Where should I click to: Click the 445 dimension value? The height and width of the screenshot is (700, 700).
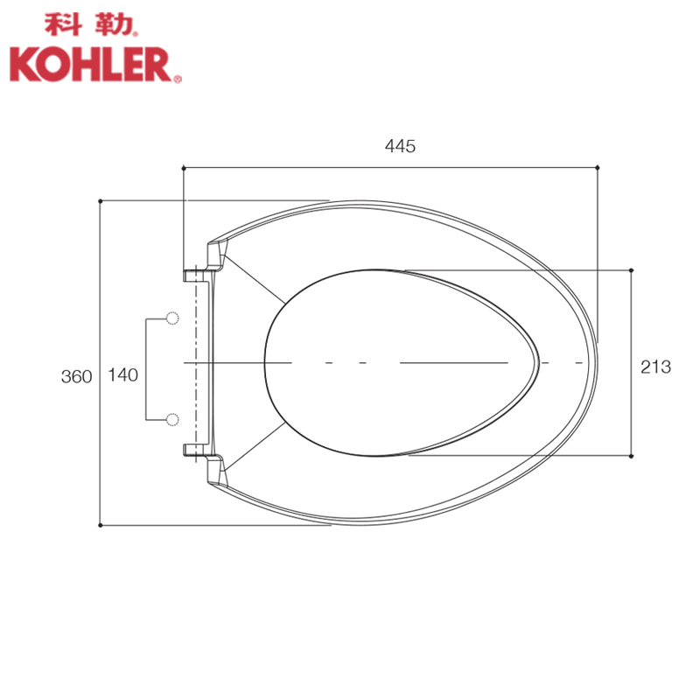click(x=400, y=146)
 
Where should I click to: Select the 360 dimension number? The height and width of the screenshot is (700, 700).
click(x=76, y=377)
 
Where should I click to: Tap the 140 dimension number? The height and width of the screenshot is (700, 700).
click(x=123, y=375)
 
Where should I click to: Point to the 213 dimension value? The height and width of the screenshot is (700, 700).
click(x=655, y=367)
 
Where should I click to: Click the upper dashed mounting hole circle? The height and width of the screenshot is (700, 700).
click(x=172, y=318)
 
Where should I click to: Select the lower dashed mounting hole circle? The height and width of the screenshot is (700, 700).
click(x=172, y=420)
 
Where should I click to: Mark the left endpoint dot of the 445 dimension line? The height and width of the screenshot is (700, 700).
click(x=184, y=168)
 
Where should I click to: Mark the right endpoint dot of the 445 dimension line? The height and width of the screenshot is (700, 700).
click(x=598, y=168)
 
